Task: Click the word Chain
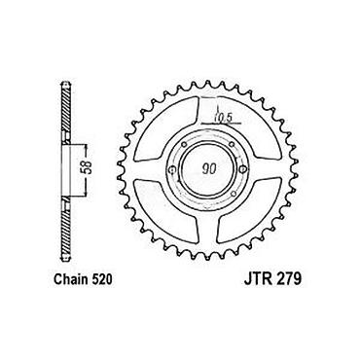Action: (69, 280)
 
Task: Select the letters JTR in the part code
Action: (257, 280)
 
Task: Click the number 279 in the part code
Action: (288, 280)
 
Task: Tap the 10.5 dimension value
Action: (223, 120)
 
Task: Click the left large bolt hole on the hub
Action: (172, 169)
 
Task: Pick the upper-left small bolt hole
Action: (184, 144)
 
